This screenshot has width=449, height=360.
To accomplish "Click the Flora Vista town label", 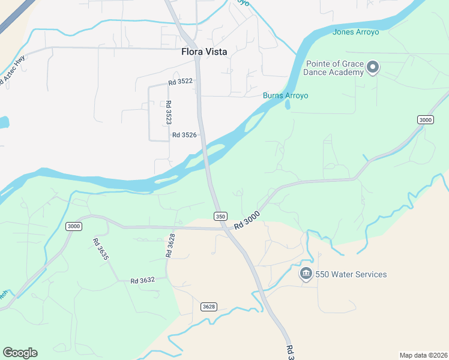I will tap(204, 52).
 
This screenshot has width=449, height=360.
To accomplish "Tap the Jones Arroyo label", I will tap(355, 32).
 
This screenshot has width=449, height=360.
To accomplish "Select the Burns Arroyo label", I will tap(285, 95).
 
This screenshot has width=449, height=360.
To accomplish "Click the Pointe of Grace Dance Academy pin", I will tap(373, 67).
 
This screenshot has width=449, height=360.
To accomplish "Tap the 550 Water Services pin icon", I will tap(306, 274).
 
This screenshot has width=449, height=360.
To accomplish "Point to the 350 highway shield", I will tap(220, 216).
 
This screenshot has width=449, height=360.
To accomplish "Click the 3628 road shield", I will tap(208, 307).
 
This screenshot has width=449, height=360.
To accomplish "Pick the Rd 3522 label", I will tap(180, 81).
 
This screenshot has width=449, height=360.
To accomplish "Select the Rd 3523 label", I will tap(169, 112).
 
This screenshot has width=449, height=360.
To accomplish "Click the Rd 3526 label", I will tap(184, 135).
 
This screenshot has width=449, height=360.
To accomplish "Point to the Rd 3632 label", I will tap(143, 280).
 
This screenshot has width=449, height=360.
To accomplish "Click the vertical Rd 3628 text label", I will tap(171, 246).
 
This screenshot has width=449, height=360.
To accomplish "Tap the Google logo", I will tap(20, 353).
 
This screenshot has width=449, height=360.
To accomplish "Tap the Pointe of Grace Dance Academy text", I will tap(335, 68).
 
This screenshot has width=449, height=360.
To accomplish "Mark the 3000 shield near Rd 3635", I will tap(74, 226).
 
